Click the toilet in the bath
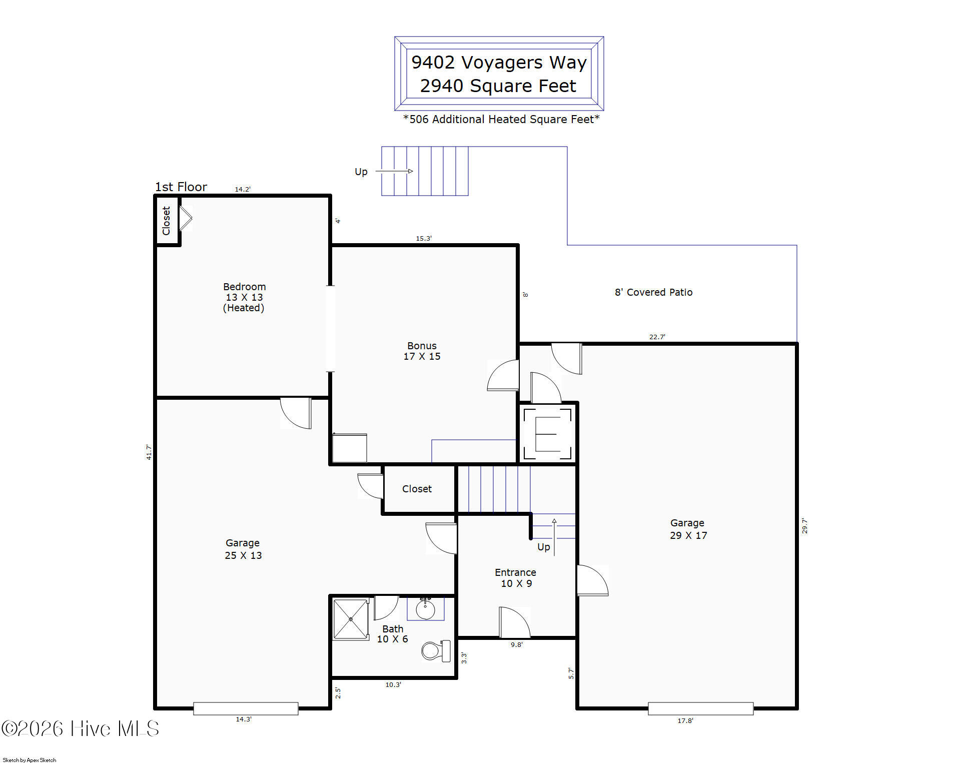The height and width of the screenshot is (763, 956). point(436,650)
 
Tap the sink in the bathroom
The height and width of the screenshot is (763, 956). point(425,609)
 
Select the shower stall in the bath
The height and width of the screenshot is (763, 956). point(351,619)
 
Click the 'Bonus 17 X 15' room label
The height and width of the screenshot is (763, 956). point(422,351)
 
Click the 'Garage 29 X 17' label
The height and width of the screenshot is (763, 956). point(688,529)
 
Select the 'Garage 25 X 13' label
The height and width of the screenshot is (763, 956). point(243,549)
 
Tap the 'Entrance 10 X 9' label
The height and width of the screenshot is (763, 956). point(516,578)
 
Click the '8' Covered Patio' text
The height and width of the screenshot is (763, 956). point(653,292)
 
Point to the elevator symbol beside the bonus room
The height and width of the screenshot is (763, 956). point(547,434)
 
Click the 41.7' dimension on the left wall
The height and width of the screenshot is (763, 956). point(149,452)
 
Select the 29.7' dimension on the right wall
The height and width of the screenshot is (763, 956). point(804,526)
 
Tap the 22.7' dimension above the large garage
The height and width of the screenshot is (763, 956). point(657,337)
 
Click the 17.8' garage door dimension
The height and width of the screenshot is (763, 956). point(685,720)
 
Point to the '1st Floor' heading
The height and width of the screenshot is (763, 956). point(181,187)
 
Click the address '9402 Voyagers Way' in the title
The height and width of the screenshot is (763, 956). point(499,63)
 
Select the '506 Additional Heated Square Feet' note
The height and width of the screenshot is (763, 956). point(501,119)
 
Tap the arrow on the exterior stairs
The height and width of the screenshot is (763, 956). point(394,171)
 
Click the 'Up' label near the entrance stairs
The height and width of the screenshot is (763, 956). point(544,547)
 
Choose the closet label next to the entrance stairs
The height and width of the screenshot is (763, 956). point(417,489)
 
